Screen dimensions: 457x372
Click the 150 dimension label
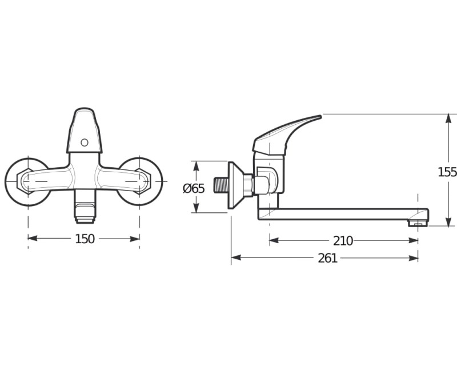coord(85,239)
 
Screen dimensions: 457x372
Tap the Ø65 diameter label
coord(194,188)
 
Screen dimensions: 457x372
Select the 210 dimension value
coord(343,241)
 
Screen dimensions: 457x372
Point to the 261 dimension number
coord(327,258)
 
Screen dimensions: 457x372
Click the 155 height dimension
coord(447,172)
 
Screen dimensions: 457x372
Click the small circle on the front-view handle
coord(85,143)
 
